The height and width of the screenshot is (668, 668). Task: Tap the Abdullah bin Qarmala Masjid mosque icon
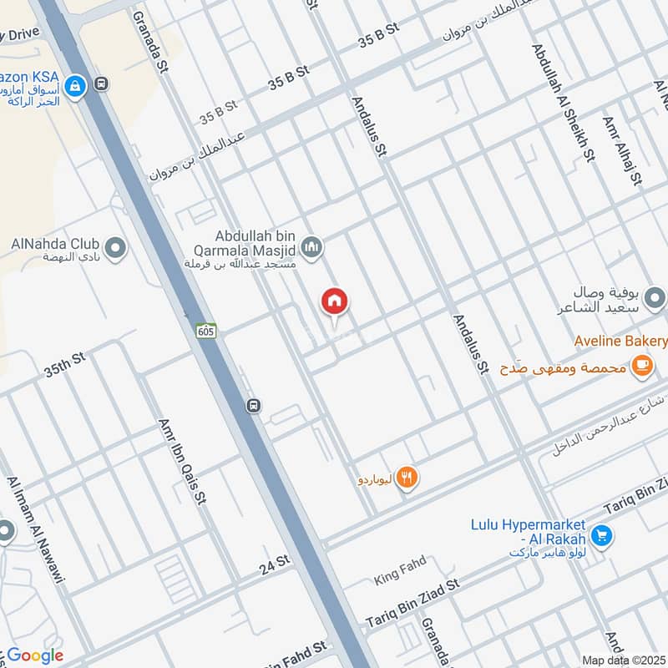[x=312, y=247]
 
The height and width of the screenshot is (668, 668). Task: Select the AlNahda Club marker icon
[x=115, y=248]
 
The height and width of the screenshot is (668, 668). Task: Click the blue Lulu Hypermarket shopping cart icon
[x=601, y=535]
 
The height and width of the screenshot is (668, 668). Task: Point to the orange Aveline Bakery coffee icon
[x=641, y=365]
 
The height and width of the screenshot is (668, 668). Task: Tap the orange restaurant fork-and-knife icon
[x=407, y=478]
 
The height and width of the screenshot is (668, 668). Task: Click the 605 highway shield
[x=206, y=331]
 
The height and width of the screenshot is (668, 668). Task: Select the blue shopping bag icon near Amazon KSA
[x=75, y=85]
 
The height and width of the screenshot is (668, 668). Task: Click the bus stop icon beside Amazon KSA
[x=102, y=83]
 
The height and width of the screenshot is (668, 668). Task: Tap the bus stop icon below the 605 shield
[x=253, y=406]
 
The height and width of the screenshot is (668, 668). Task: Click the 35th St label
[x=65, y=364]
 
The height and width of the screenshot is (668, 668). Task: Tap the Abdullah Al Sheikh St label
[x=563, y=100]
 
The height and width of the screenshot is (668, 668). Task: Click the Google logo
[x=36, y=655]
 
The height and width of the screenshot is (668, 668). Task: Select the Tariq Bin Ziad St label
[x=412, y=604]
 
